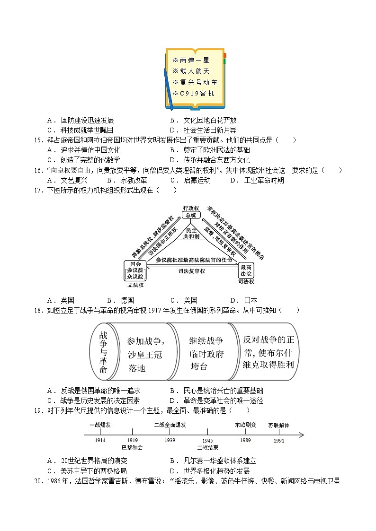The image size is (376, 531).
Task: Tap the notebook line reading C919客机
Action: [x=193, y=94]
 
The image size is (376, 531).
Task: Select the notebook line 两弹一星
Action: [x=191, y=61]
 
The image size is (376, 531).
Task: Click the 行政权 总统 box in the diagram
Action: [x=191, y=212]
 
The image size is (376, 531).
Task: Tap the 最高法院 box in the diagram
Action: [x=246, y=270]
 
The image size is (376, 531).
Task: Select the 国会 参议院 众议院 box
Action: [x=135, y=270]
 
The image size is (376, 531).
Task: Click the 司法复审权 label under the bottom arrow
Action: [x=191, y=271]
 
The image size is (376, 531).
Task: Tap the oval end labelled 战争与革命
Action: [x=103, y=351]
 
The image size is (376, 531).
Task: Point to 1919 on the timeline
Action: [x=132, y=440]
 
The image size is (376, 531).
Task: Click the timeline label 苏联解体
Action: [x=278, y=425]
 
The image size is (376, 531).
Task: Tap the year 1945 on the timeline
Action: [x=207, y=440]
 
